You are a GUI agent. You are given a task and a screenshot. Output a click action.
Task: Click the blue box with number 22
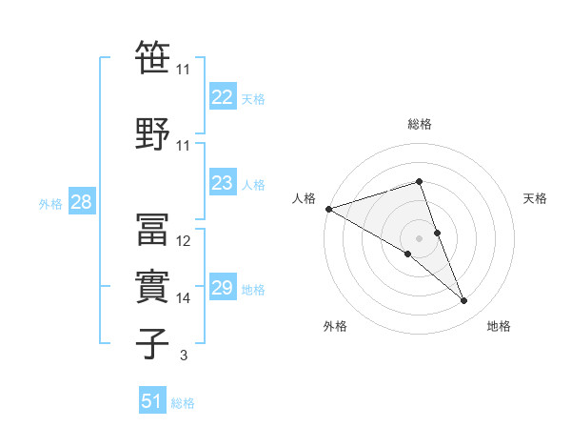click(x=222, y=97)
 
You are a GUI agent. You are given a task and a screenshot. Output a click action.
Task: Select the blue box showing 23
click(x=222, y=183)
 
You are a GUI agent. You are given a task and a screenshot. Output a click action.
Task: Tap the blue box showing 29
click(x=222, y=288)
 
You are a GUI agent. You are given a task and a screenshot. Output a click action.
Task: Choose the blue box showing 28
click(x=81, y=202)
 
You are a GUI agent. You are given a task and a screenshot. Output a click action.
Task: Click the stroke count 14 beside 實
click(x=184, y=298)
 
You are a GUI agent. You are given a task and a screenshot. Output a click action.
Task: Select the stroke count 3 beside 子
click(x=184, y=356)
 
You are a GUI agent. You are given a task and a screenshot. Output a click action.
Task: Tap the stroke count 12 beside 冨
click(x=184, y=241)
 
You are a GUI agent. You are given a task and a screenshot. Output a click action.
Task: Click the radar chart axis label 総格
click(x=420, y=124)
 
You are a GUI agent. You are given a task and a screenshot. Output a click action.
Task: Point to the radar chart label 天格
click(x=536, y=198)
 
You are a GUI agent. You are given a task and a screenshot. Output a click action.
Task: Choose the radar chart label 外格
click(x=335, y=326)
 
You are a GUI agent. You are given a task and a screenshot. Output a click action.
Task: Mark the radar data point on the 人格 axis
click(x=328, y=209)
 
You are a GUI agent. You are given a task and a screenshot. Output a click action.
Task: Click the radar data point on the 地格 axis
click(x=464, y=301)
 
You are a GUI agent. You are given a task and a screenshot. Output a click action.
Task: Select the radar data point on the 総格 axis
click(x=419, y=182)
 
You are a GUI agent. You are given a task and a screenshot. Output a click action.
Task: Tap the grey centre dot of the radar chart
click(x=419, y=237)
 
